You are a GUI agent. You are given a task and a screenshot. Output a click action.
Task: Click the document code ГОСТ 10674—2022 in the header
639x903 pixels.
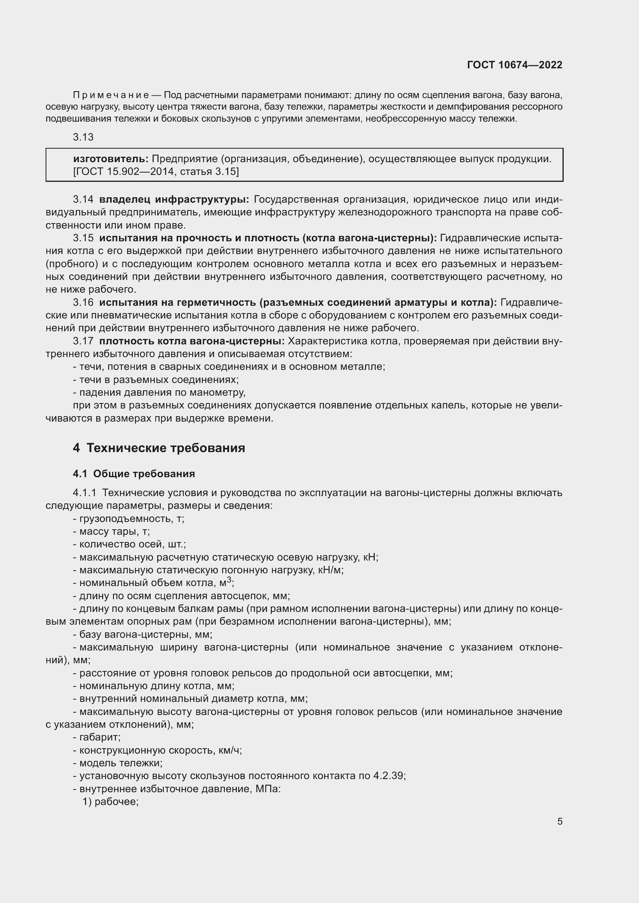pos(514,65)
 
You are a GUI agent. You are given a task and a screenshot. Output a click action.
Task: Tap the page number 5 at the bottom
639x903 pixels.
pos(559,821)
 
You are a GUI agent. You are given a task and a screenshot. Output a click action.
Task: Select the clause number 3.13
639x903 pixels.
pos(83,137)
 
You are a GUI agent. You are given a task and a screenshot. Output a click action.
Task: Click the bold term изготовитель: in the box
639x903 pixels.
pos(110,159)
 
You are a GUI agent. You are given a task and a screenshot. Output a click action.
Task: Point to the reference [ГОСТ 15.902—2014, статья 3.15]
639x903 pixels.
pos(156,171)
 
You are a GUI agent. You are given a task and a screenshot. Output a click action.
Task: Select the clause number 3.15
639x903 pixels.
pos(83,238)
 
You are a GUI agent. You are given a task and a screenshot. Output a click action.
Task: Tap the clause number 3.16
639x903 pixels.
pos(83,302)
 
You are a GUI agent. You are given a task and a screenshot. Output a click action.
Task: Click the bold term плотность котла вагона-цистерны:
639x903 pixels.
pos(192,341)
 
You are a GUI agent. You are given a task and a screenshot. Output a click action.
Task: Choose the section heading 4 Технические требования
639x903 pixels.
pos(159,448)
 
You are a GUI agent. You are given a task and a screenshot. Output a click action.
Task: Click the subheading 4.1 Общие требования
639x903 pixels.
pos(134,474)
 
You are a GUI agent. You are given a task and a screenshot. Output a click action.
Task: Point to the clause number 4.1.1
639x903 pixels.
pos(84,493)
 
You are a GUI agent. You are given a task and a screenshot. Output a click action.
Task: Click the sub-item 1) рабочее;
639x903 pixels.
pos(110,801)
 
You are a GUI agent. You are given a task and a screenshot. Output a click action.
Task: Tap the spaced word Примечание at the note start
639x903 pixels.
pos(110,95)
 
